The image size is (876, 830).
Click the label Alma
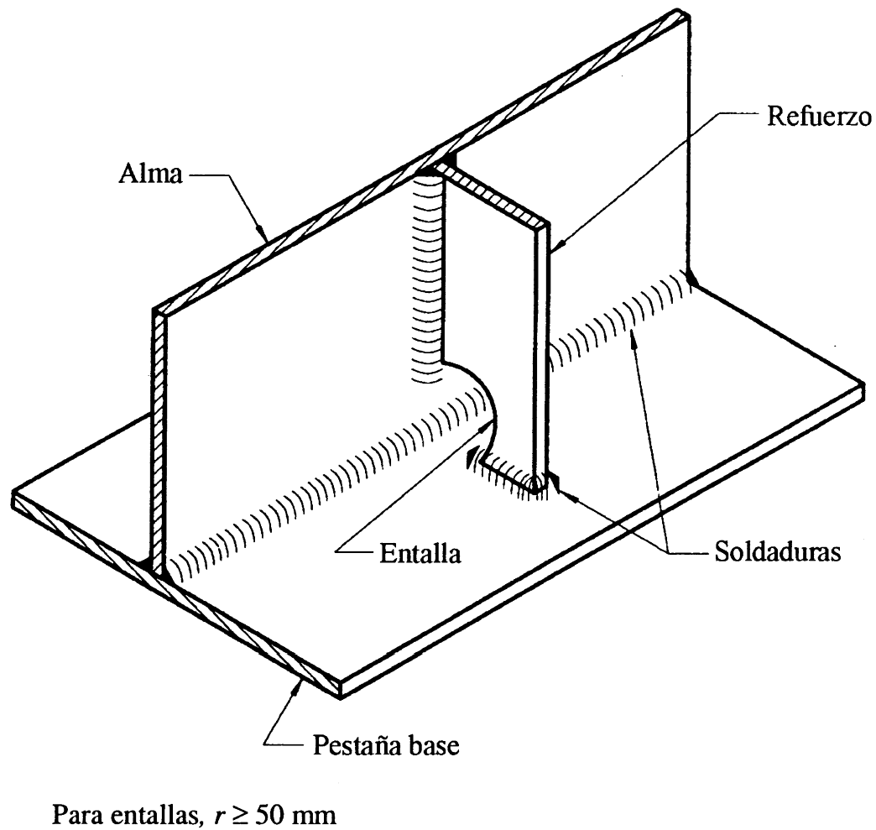(150, 174)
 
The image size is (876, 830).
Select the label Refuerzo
(818, 117)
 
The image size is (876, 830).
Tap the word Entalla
(420, 554)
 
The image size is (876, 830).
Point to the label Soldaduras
(778, 552)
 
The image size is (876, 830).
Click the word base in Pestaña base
(434, 745)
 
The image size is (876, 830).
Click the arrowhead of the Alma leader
(261, 231)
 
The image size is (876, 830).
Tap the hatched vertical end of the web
(160, 441)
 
